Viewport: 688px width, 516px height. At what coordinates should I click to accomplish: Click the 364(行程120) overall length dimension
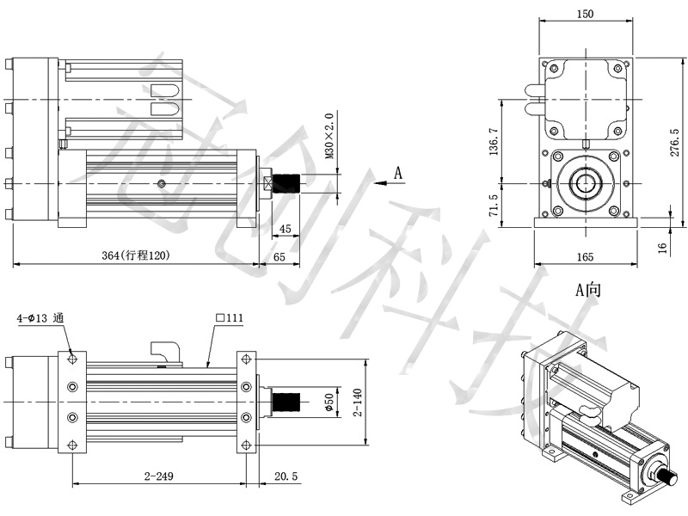(x=135, y=255)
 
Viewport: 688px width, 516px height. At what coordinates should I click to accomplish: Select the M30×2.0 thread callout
(x=329, y=136)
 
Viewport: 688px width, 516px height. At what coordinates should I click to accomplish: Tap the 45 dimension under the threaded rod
(x=286, y=229)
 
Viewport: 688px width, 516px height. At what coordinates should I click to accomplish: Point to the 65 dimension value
(x=279, y=256)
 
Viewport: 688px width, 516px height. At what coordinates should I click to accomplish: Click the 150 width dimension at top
(x=585, y=14)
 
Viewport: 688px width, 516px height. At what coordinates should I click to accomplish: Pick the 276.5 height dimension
(x=675, y=142)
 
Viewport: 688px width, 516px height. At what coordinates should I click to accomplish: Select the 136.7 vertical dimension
(x=494, y=141)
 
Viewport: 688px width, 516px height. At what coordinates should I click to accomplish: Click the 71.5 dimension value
(x=494, y=205)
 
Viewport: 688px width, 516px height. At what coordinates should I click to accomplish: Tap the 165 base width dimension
(x=585, y=256)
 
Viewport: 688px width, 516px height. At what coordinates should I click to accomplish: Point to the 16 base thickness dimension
(x=662, y=248)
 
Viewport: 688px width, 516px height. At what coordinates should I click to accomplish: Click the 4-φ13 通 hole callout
(x=40, y=317)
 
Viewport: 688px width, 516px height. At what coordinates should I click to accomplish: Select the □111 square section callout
(x=230, y=317)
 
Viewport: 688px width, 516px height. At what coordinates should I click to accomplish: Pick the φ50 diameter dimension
(x=329, y=402)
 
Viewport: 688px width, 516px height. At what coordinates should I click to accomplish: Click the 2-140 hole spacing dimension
(x=358, y=402)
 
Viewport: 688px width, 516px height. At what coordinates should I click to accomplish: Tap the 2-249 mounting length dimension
(x=159, y=476)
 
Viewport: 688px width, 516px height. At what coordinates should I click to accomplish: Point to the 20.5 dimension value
(x=286, y=476)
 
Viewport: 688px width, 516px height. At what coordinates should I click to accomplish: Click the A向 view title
(x=588, y=290)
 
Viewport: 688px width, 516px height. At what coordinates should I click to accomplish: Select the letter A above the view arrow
(x=397, y=173)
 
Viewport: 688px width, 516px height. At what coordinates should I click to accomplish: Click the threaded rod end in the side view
(x=286, y=183)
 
